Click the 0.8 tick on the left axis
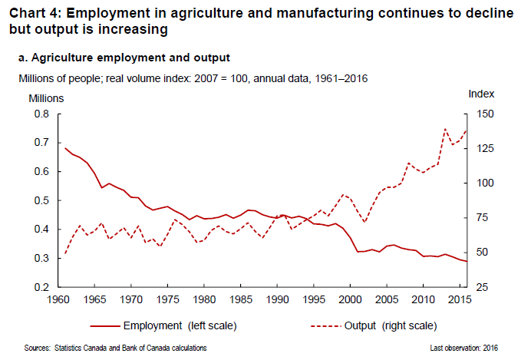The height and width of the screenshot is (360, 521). coord(41,114)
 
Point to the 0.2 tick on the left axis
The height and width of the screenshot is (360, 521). coord(41,287)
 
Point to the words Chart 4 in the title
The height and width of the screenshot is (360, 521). coord(31,12)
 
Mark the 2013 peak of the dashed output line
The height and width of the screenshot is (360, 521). coord(446,128)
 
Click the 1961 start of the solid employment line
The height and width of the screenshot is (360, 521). coord(66,148)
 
